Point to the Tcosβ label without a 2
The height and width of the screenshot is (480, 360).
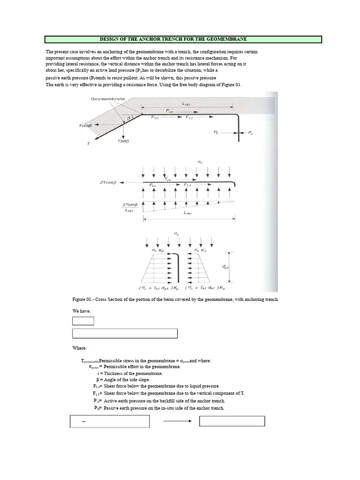(86, 126)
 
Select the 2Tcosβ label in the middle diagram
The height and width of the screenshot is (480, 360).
(109, 181)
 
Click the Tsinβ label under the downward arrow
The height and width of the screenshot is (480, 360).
(124, 141)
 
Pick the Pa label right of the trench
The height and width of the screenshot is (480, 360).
(250, 133)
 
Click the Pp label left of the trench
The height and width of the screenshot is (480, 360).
(216, 133)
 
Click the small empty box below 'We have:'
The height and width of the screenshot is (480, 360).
(83, 321)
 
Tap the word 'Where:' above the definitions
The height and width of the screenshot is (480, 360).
(79, 348)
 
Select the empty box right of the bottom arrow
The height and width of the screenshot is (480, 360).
(232, 421)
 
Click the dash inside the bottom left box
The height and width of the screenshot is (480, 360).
(84, 422)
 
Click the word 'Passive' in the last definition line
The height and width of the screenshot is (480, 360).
(112, 408)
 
